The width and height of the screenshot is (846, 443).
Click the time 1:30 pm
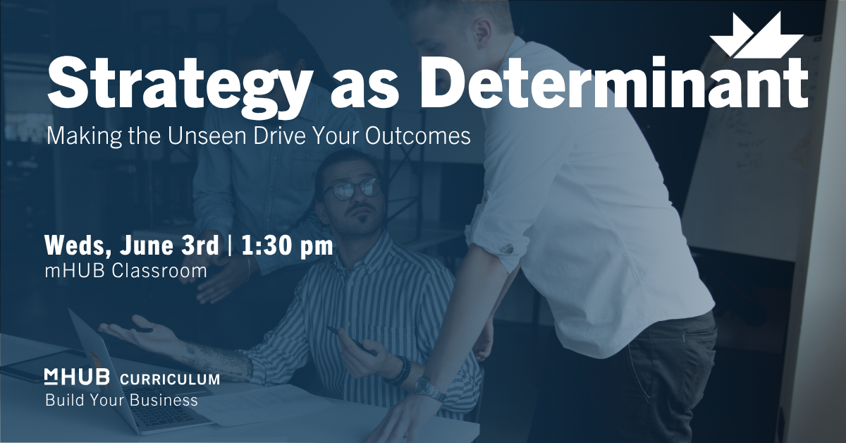[x=288, y=246]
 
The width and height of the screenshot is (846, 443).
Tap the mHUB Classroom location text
[x=126, y=271]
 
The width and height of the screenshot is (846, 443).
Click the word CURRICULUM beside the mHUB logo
[x=170, y=380]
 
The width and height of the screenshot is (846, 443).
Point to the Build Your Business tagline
[x=121, y=400]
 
